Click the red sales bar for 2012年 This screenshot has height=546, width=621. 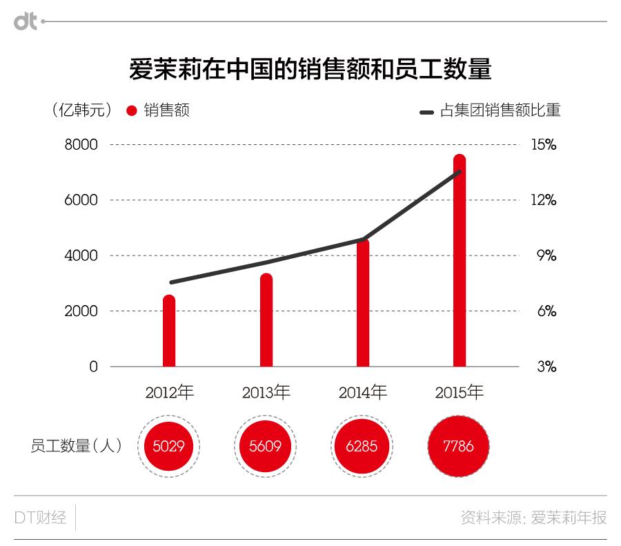click(169, 331)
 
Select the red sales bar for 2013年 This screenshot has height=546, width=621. click(266, 320)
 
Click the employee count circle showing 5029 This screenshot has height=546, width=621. click(169, 446)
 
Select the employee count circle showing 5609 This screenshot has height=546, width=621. click(266, 446)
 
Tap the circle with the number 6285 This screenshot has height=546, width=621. click(362, 446)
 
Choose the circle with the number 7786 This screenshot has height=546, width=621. click(459, 446)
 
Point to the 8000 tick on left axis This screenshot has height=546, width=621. click(82, 145)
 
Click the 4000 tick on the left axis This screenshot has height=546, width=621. click(82, 256)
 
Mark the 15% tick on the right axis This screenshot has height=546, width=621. click(543, 145)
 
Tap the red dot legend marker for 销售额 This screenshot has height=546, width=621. click(132, 110)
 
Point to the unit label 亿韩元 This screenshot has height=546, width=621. click(81, 110)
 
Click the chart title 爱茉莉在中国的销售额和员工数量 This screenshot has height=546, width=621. click(310, 70)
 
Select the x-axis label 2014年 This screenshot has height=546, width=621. click(363, 393)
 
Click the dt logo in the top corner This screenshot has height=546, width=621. click(26, 21)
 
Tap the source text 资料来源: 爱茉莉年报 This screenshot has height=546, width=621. click(533, 518)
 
